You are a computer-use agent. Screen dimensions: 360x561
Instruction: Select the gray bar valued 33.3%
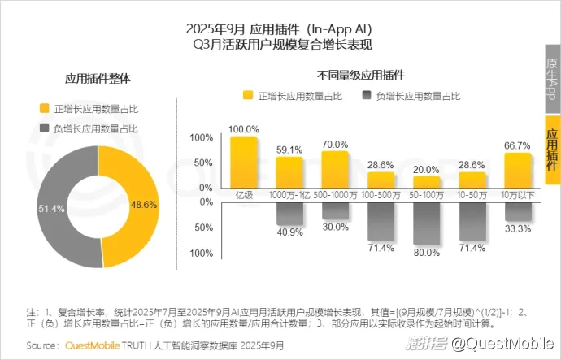point(517,210)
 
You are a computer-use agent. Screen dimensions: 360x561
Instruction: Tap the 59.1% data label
point(289,150)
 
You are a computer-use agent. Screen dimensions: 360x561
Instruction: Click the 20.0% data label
point(426,169)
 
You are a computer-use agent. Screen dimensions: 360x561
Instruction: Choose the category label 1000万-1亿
point(289,195)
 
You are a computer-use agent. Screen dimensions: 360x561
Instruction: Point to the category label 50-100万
point(426,195)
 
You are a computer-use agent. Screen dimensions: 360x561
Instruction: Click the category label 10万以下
point(517,195)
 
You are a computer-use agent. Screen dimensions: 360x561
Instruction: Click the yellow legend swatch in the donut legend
point(45,108)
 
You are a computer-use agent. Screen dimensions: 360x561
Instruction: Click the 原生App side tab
point(551,79)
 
